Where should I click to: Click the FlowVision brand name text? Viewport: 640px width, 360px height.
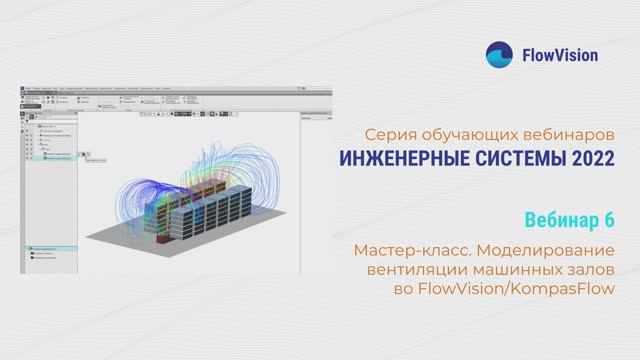pos(560,55)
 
